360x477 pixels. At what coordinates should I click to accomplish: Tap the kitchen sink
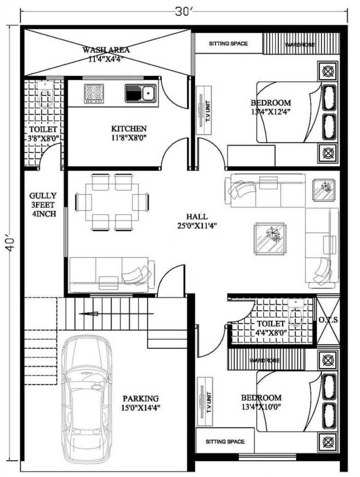tap(140, 93)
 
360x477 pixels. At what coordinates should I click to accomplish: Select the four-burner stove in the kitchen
tap(94, 93)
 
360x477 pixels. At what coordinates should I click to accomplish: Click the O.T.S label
tap(328, 320)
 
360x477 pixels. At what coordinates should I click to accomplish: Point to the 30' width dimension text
tap(183, 12)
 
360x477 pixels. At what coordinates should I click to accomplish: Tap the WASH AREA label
tap(106, 50)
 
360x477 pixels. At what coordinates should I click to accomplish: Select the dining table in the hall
tap(112, 202)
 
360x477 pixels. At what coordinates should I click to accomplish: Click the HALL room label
tap(197, 216)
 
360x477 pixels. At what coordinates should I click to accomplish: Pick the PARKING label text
tap(140, 398)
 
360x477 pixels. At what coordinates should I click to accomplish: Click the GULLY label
tap(43, 196)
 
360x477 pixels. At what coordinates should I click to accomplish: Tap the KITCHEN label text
tap(129, 129)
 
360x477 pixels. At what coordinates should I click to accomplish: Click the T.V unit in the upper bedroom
tap(204, 111)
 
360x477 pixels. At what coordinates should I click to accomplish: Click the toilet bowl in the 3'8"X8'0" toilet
tap(45, 94)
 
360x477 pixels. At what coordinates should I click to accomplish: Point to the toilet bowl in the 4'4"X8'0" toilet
tap(296, 312)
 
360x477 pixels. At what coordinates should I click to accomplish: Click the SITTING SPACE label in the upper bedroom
tap(228, 44)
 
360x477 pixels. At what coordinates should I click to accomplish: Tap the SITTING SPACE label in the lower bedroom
tap(225, 442)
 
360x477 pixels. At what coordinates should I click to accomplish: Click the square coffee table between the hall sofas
tap(270, 238)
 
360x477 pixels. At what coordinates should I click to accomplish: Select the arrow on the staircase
tap(89, 314)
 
